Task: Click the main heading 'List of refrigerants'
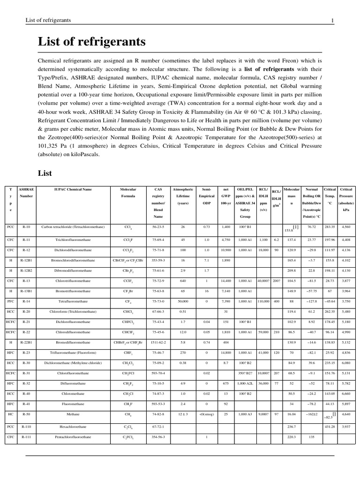pyautogui.click(x=92, y=42)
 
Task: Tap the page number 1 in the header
pyautogui.click(x=332, y=20)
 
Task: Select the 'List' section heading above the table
pyautogui.click(x=45, y=173)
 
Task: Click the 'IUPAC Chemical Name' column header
pyautogui.click(x=73, y=189)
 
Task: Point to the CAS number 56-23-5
pyautogui.click(x=158, y=227)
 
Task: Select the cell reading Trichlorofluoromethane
pyautogui.click(x=73, y=240)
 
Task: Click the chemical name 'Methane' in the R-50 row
pyautogui.click(x=73, y=414)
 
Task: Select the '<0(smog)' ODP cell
pyautogui.click(x=206, y=414)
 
